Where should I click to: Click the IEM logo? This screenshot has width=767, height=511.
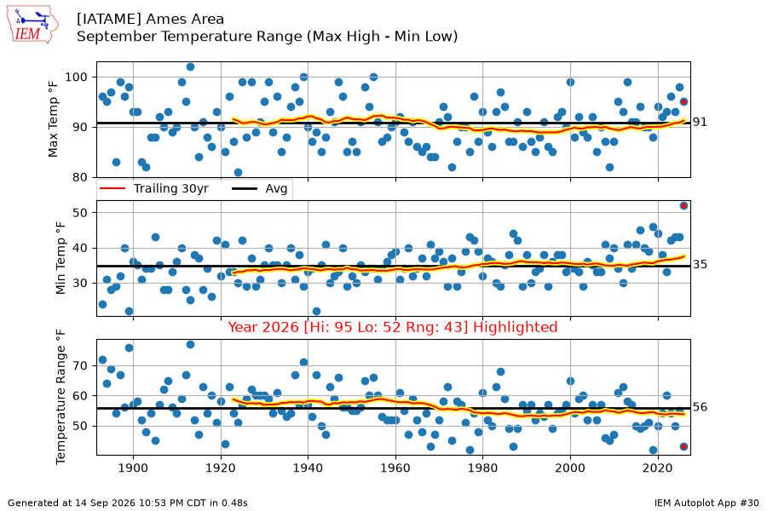click(x=32, y=25)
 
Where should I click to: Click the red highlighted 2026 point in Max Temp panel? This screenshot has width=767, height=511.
click(x=683, y=101)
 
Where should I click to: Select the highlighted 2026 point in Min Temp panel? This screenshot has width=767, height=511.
click(x=683, y=206)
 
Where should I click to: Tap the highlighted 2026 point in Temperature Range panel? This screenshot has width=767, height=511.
click(x=683, y=446)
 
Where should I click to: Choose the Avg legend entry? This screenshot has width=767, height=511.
click(x=260, y=189)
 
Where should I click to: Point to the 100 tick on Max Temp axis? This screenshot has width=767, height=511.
click(x=77, y=78)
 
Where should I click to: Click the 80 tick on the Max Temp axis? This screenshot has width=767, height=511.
click(x=80, y=177)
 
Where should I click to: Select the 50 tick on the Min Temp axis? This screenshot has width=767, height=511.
click(x=80, y=213)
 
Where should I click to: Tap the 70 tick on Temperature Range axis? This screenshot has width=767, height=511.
click(x=80, y=365)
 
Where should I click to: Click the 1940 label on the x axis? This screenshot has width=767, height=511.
click(x=308, y=468)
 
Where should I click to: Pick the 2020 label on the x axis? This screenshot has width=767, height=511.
click(x=658, y=468)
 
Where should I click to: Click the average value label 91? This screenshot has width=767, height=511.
click(x=700, y=123)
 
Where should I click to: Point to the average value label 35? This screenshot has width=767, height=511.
click(x=700, y=265)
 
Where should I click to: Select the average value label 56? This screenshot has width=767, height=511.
click(x=700, y=407)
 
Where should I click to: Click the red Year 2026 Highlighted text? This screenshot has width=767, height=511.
click(x=393, y=327)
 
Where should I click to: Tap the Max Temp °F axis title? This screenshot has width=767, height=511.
click(x=53, y=120)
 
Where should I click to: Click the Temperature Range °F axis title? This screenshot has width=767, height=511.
click(x=61, y=397)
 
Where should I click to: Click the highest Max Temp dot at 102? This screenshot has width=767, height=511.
click(x=190, y=67)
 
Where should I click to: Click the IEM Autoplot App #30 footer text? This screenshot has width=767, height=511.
click(x=706, y=502)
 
